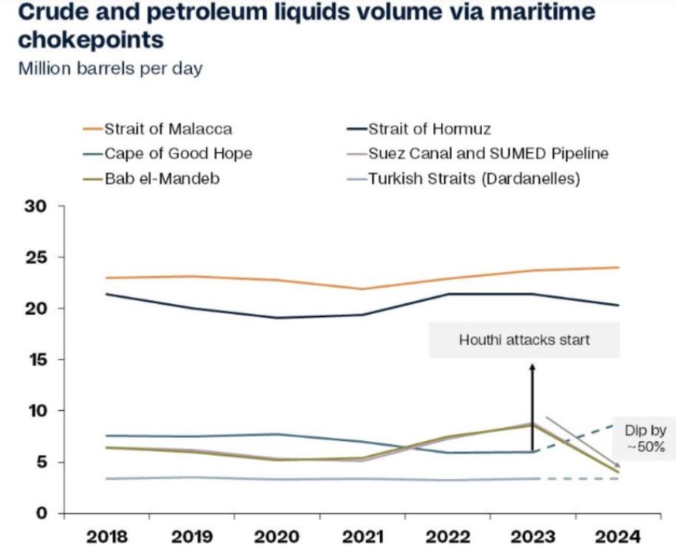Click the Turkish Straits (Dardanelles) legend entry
tap(473, 178)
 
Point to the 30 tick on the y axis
tap(37, 206)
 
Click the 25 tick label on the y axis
tap(37, 257)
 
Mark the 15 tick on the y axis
tap(37, 360)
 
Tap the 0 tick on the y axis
tap(42, 513)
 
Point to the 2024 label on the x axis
tap(619, 536)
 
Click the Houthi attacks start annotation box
tap(524, 339)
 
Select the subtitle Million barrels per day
tap(110, 69)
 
